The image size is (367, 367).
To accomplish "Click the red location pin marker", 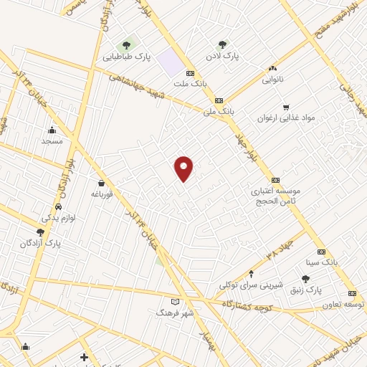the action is click(184, 168).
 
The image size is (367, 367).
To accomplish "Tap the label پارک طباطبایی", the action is click(127, 57).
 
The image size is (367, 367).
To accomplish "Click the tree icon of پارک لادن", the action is click(222, 44).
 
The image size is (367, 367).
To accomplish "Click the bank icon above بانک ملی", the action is click(219, 100).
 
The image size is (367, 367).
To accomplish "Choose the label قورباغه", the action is click(103, 194).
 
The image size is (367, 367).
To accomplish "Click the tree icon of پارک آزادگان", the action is click(40, 232).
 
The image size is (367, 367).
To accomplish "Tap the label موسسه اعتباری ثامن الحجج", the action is click(275, 197).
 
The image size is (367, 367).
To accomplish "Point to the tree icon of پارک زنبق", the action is click(306, 279).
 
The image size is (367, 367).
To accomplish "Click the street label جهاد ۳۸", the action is click(280, 249).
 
